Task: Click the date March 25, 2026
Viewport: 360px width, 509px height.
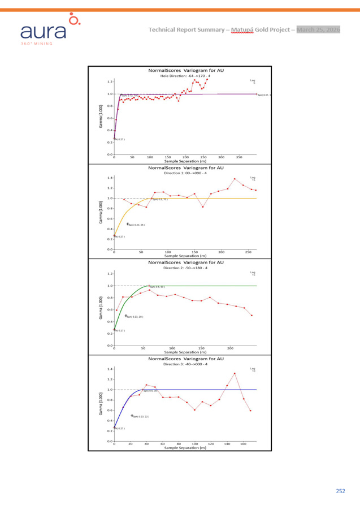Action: point(319,29)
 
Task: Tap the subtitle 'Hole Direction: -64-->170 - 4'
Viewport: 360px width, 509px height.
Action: point(185,76)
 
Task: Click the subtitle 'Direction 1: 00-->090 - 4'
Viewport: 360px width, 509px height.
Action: point(186,172)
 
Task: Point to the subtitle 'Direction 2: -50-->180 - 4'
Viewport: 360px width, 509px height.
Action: point(186,268)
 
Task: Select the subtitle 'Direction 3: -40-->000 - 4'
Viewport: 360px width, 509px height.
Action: point(186,364)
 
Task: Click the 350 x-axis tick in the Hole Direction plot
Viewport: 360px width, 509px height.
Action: point(238,157)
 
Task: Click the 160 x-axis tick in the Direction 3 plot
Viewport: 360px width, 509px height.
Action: point(243,444)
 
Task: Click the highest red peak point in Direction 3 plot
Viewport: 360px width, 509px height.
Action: point(235,373)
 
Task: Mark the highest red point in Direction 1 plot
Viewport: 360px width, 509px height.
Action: point(235,179)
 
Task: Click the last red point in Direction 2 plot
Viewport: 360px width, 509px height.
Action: point(251,316)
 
